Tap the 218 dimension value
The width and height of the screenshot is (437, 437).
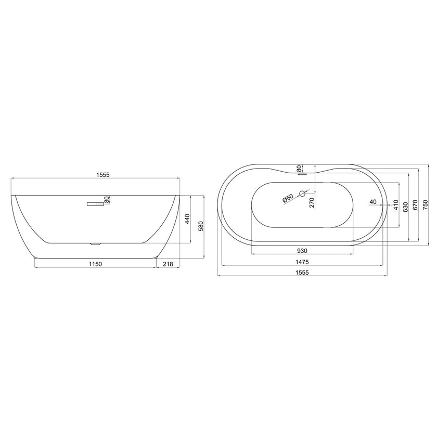coord(168,264)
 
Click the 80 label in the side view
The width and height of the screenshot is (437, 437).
coord(107,199)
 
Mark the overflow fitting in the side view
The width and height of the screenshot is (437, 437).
coord(95,204)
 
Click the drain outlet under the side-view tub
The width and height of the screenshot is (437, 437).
coord(94,243)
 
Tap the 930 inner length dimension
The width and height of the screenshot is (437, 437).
coord(302,249)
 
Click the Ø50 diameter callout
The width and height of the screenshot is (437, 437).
coord(288,198)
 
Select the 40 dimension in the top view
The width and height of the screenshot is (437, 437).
coord(372,201)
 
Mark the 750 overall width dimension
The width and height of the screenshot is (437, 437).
coord(425,204)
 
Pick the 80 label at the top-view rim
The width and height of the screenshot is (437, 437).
coord(299,168)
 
